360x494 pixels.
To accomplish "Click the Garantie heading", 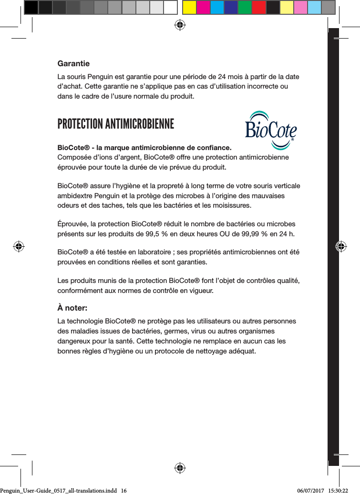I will click(73, 63).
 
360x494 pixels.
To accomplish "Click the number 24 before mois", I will click(223, 77).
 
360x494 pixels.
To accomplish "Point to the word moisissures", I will click(232, 205).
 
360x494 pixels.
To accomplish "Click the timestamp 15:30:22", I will click(341, 489).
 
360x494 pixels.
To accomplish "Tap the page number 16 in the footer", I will click(124, 489).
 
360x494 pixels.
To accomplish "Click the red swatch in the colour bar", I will click(259, 8).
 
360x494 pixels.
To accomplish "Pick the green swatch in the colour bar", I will click(245, 8).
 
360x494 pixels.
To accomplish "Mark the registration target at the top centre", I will click(180, 25).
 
